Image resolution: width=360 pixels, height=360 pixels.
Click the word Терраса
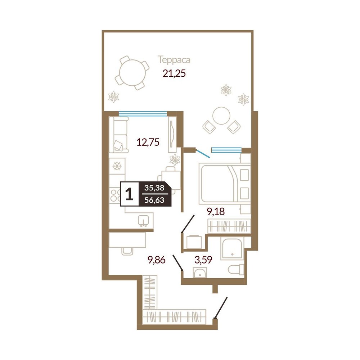tap(174, 60)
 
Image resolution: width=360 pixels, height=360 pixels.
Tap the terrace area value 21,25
tap(174, 74)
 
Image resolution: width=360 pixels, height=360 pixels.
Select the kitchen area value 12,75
tap(148, 142)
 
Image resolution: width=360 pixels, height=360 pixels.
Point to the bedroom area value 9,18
tap(216, 211)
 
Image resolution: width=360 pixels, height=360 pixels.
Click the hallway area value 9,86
tap(157, 260)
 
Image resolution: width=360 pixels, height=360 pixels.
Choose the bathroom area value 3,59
tap(203, 260)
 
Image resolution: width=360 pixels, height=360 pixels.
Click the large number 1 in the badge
tap(129, 194)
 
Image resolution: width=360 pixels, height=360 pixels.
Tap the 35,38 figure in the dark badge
tap(154, 188)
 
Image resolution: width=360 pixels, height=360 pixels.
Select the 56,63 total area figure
tap(154, 200)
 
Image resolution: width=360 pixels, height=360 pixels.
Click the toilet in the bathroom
tap(236, 269)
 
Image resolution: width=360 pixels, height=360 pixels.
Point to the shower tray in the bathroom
tap(232, 248)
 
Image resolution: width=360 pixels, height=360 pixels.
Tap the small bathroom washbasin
tap(200, 273)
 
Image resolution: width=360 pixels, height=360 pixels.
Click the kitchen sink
tap(144, 221)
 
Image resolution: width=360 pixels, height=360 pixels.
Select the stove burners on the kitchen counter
tap(114, 195)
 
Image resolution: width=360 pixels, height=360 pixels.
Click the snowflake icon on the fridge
tap(117, 166)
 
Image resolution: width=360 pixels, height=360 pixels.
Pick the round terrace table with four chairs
tap(132, 73)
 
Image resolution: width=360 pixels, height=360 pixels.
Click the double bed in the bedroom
tap(225, 183)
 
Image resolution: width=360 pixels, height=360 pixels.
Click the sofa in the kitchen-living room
tap(118, 135)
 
